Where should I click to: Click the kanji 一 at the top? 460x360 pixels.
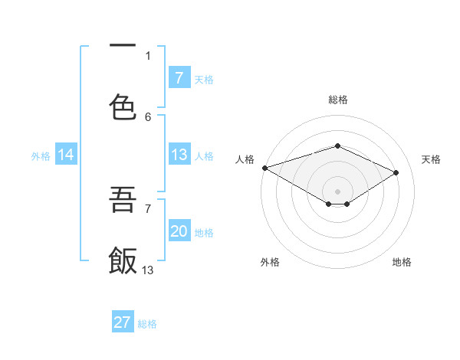point(123,47)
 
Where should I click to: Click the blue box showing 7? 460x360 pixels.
point(179,77)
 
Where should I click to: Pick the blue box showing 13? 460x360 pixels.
point(179,155)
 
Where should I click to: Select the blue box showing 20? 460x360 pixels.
point(179,231)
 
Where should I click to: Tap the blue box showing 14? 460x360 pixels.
point(66,155)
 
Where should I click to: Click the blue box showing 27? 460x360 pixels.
point(123,322)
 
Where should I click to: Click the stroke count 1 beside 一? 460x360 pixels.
point(148,55)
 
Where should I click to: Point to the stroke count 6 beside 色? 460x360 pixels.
point(148,116)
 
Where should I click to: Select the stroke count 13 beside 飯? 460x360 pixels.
point(148,270)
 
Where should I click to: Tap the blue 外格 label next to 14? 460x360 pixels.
point(41,155)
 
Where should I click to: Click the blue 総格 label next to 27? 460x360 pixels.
point(147,323)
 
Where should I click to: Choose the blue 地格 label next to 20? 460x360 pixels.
point(204,232)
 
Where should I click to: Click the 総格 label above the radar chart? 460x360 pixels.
point(337,100)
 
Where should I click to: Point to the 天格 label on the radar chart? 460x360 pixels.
point(431,159)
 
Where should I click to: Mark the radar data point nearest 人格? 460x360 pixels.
point(264,168)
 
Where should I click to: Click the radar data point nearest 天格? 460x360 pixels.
point(396,173)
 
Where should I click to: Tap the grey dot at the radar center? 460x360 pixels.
point(337,190)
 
